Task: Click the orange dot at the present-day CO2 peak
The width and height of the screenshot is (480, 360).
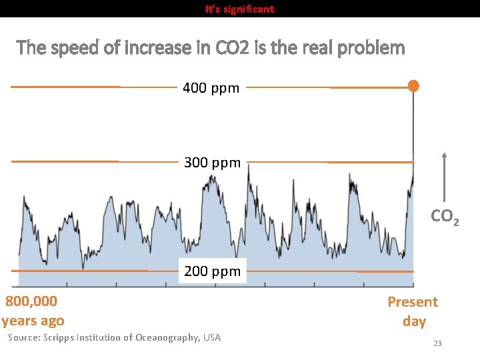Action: pyautogui.click(x=413, y=86)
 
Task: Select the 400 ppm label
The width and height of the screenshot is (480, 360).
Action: pyautogui.click(x=211, y=88)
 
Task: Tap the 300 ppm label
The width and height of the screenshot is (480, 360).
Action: pyautogui.click(x=212, y=163)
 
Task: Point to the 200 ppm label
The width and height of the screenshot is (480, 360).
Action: pyautogui.click(x=212, y=271)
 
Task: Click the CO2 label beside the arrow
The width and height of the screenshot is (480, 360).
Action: pyautogui.click(x=444, y=217)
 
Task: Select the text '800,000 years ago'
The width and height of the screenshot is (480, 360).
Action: pyautogui.click(x=33, y=311)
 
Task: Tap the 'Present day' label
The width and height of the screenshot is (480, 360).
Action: pyautogui.click(x=413, y=311)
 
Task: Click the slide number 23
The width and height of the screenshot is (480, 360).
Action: pyautogui.click(x=437, y=343)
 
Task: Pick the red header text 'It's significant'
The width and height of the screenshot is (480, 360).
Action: pyautogui.click(x=239, y=9)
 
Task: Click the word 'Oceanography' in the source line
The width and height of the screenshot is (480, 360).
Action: pyautogui.click(x=167, y=337)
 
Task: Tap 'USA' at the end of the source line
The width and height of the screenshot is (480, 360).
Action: pyautogui.click(x=212, y=337)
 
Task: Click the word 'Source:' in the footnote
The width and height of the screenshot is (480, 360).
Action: pyautogui.click(x=24, y=337)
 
